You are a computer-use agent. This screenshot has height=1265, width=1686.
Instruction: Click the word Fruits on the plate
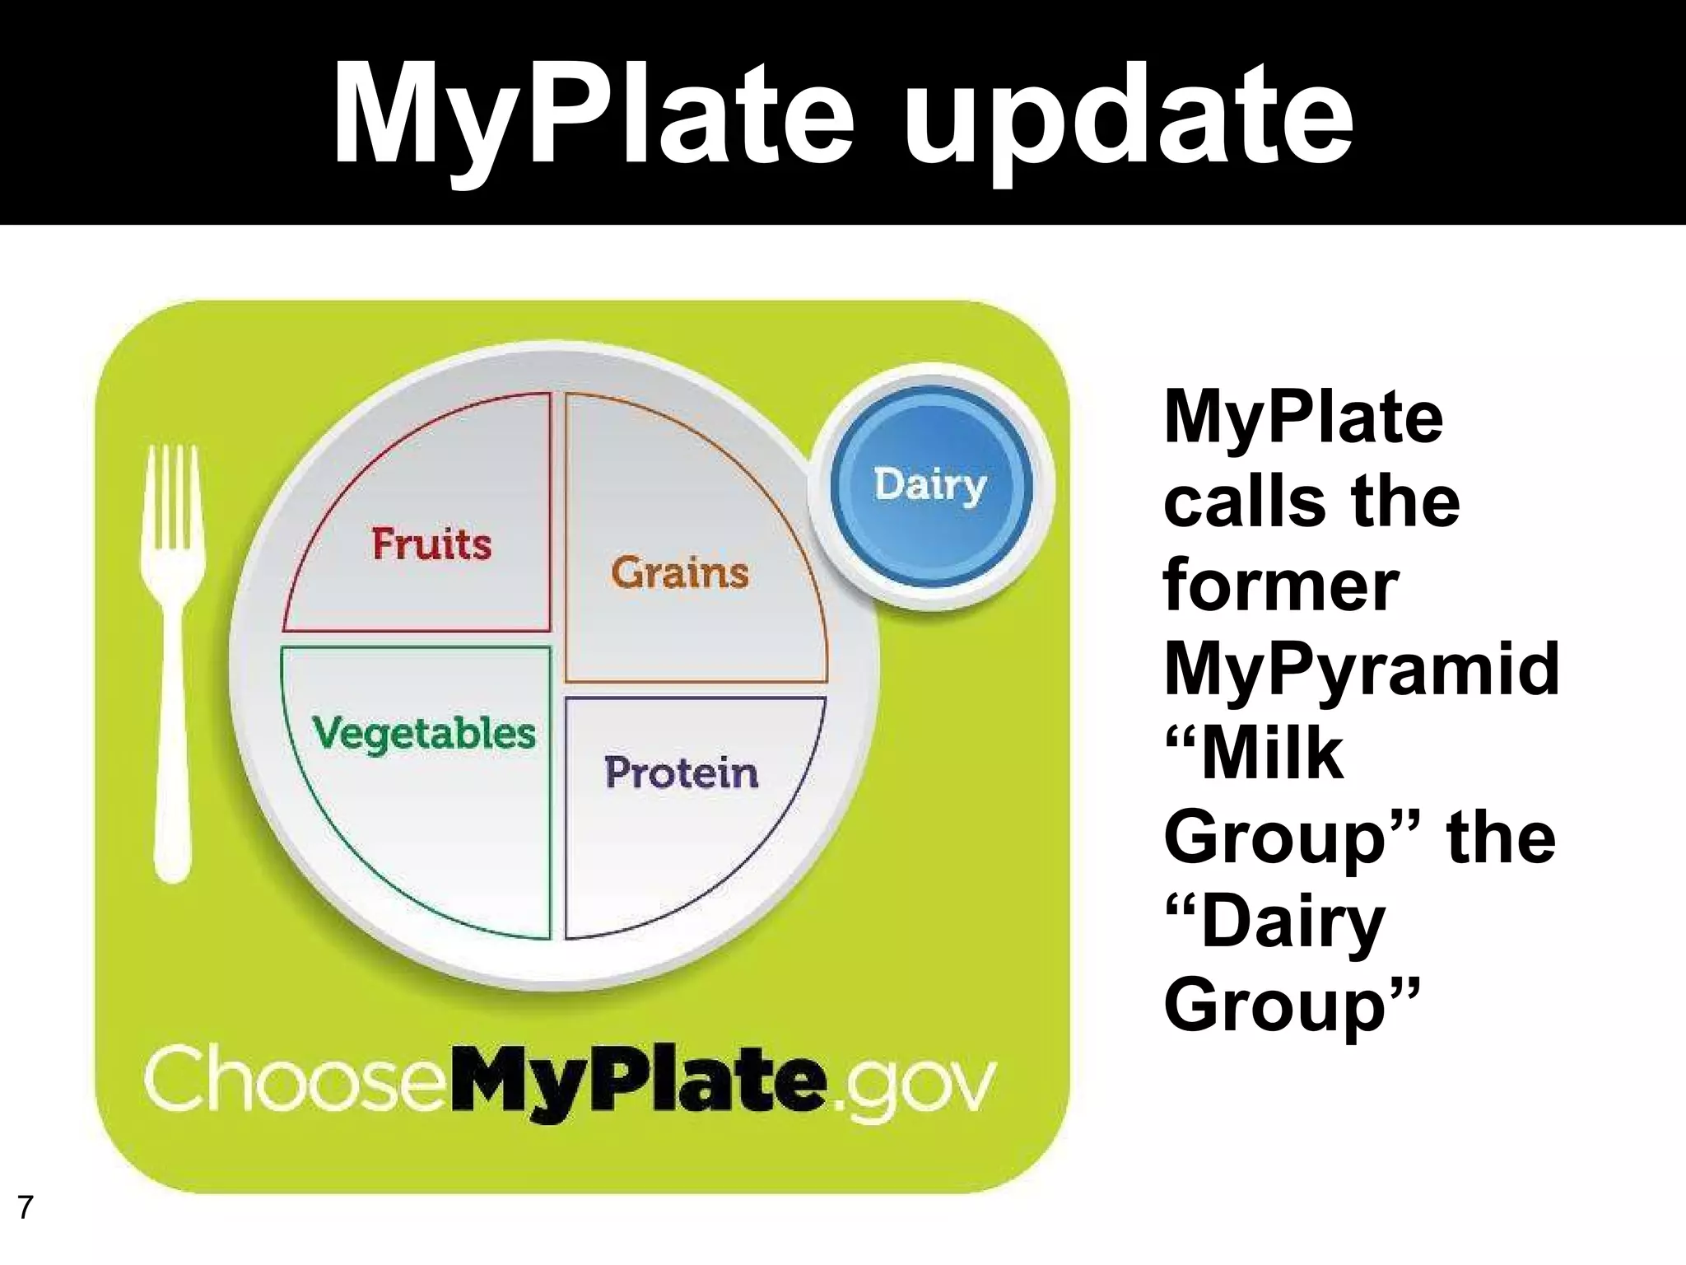431,544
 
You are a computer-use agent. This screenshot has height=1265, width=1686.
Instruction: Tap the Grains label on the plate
680,572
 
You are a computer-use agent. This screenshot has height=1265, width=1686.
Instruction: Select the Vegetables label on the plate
424,733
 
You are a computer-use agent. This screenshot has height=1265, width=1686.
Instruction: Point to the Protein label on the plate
682,773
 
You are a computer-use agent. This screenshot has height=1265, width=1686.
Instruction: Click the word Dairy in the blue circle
930,485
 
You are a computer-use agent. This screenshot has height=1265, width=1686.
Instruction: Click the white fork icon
172,659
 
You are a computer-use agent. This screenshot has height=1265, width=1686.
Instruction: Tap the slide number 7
26,1207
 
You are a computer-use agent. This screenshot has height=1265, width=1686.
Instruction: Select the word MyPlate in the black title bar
593,115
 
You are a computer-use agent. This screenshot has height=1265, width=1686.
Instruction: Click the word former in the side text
1281,584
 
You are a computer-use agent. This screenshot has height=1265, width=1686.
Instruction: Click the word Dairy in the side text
1292,922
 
